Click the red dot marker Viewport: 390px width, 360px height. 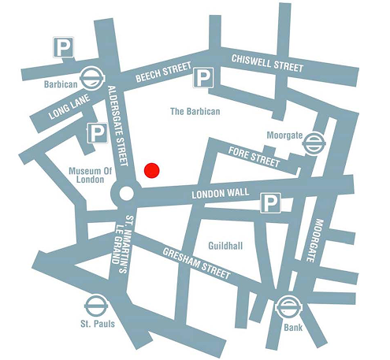coord(152,170)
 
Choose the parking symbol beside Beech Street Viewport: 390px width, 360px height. coord(204,77)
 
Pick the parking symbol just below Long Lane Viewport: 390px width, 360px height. coord(97,134)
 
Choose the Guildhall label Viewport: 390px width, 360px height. coord(226,247)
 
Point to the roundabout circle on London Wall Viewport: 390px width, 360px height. coord(124,193)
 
